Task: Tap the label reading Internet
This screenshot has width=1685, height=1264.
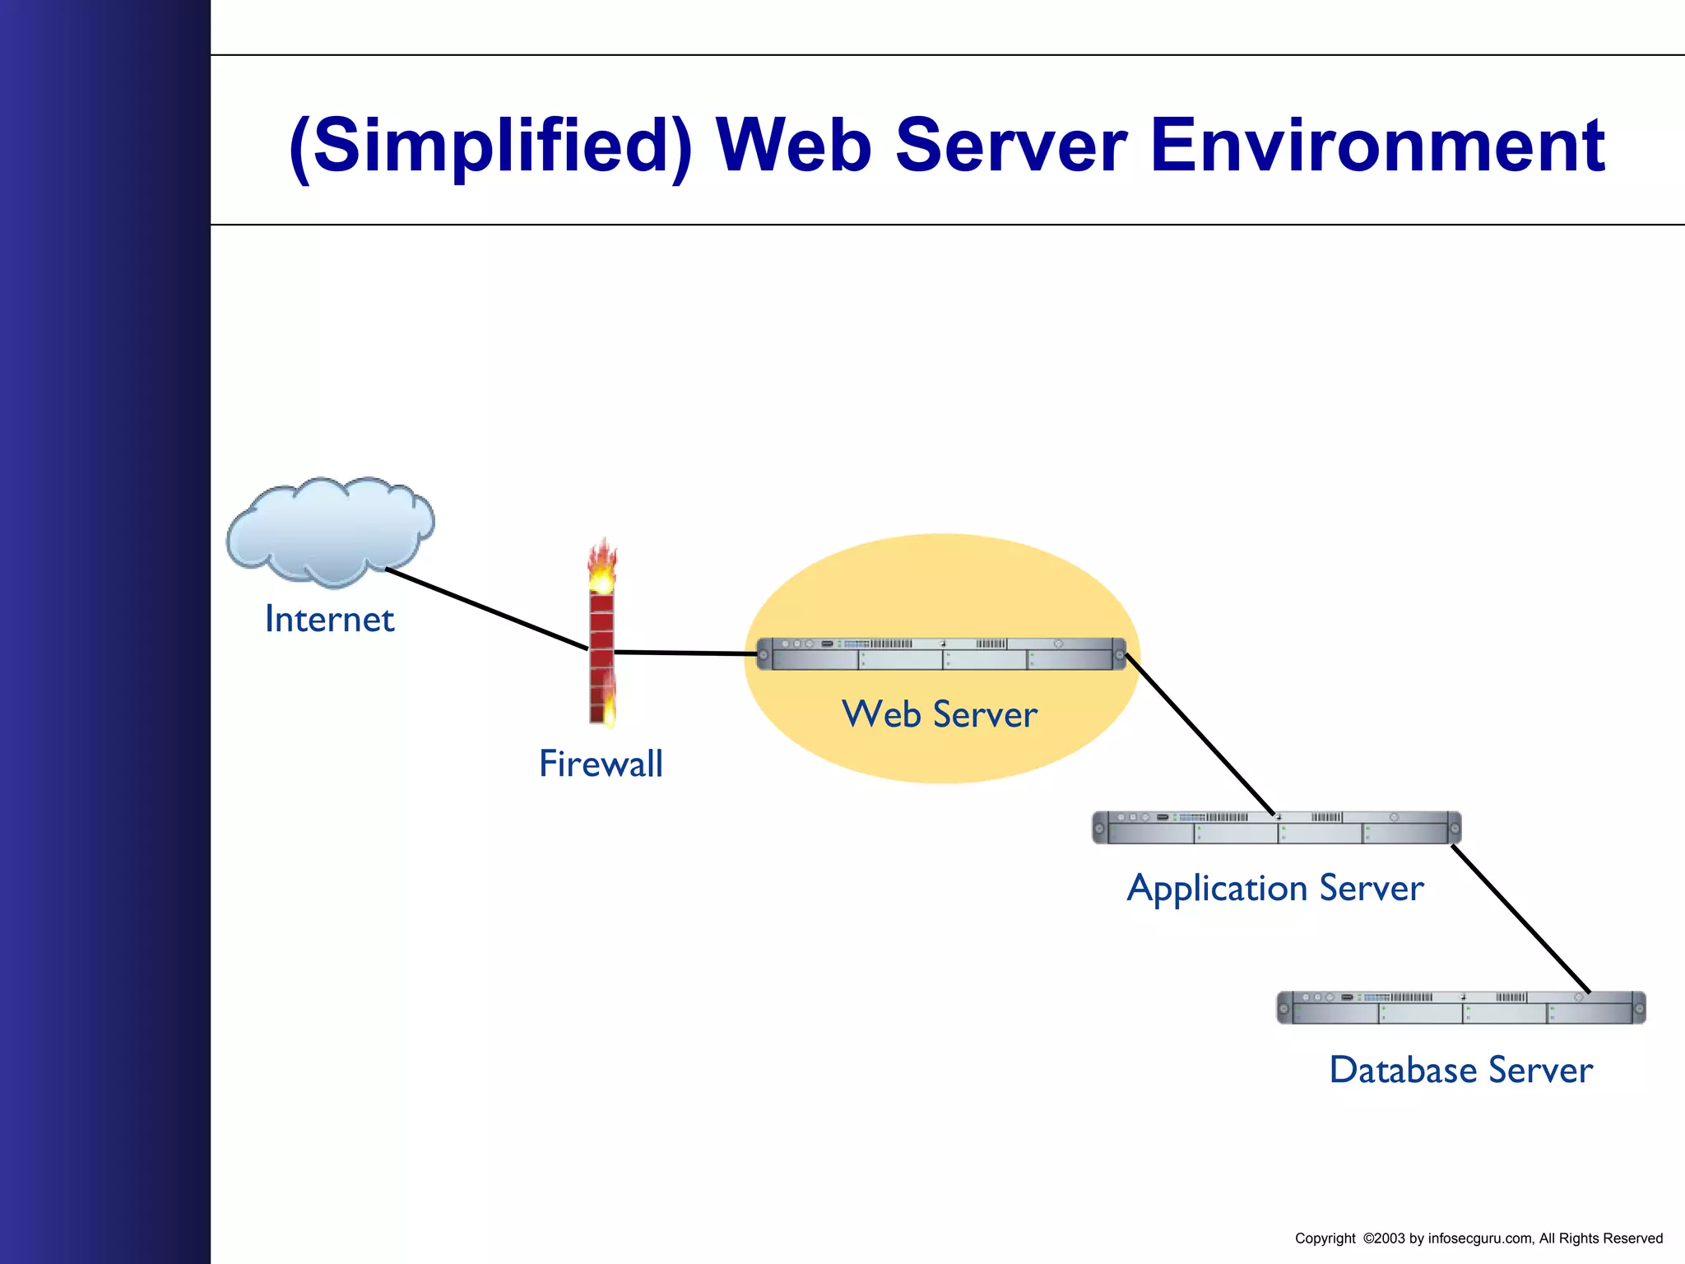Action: click(x=329, y=620)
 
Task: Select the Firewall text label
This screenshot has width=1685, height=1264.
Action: click(x=601, y=764)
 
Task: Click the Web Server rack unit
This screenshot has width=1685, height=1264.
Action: click(x=940, y=654)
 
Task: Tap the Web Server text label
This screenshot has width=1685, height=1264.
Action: click(x=940, y=714)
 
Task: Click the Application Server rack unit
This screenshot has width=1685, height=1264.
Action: click(x=1276, y=828)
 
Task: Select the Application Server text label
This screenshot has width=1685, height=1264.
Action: click(x=1275, y=889)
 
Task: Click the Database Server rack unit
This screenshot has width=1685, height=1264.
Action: click(x=1460, y=1008)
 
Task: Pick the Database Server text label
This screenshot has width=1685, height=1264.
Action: click(x=1461, y=1071)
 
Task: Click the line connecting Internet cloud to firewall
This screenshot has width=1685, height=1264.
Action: click(x=485, y=609)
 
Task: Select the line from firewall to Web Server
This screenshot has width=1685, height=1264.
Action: click(x=685, y=653)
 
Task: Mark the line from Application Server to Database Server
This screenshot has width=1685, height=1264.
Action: click(x=1520, y=918)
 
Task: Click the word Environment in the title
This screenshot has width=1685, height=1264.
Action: click(x=1376, y=146)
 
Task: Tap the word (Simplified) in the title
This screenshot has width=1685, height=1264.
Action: click(x=491, y=146)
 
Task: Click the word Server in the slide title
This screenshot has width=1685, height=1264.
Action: click(x=1010, y=146)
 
